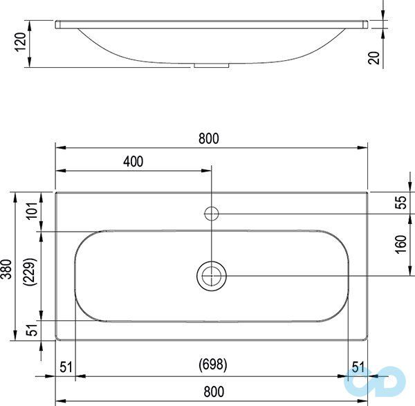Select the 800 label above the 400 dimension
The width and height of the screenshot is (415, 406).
(208, 138)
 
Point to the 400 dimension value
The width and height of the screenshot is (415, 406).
(133, 162)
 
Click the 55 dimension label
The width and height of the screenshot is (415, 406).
(400, 203)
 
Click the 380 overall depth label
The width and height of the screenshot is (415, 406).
(8, 268)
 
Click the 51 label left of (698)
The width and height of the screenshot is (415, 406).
(66, 367)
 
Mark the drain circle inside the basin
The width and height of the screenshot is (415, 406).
(212, 275)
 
